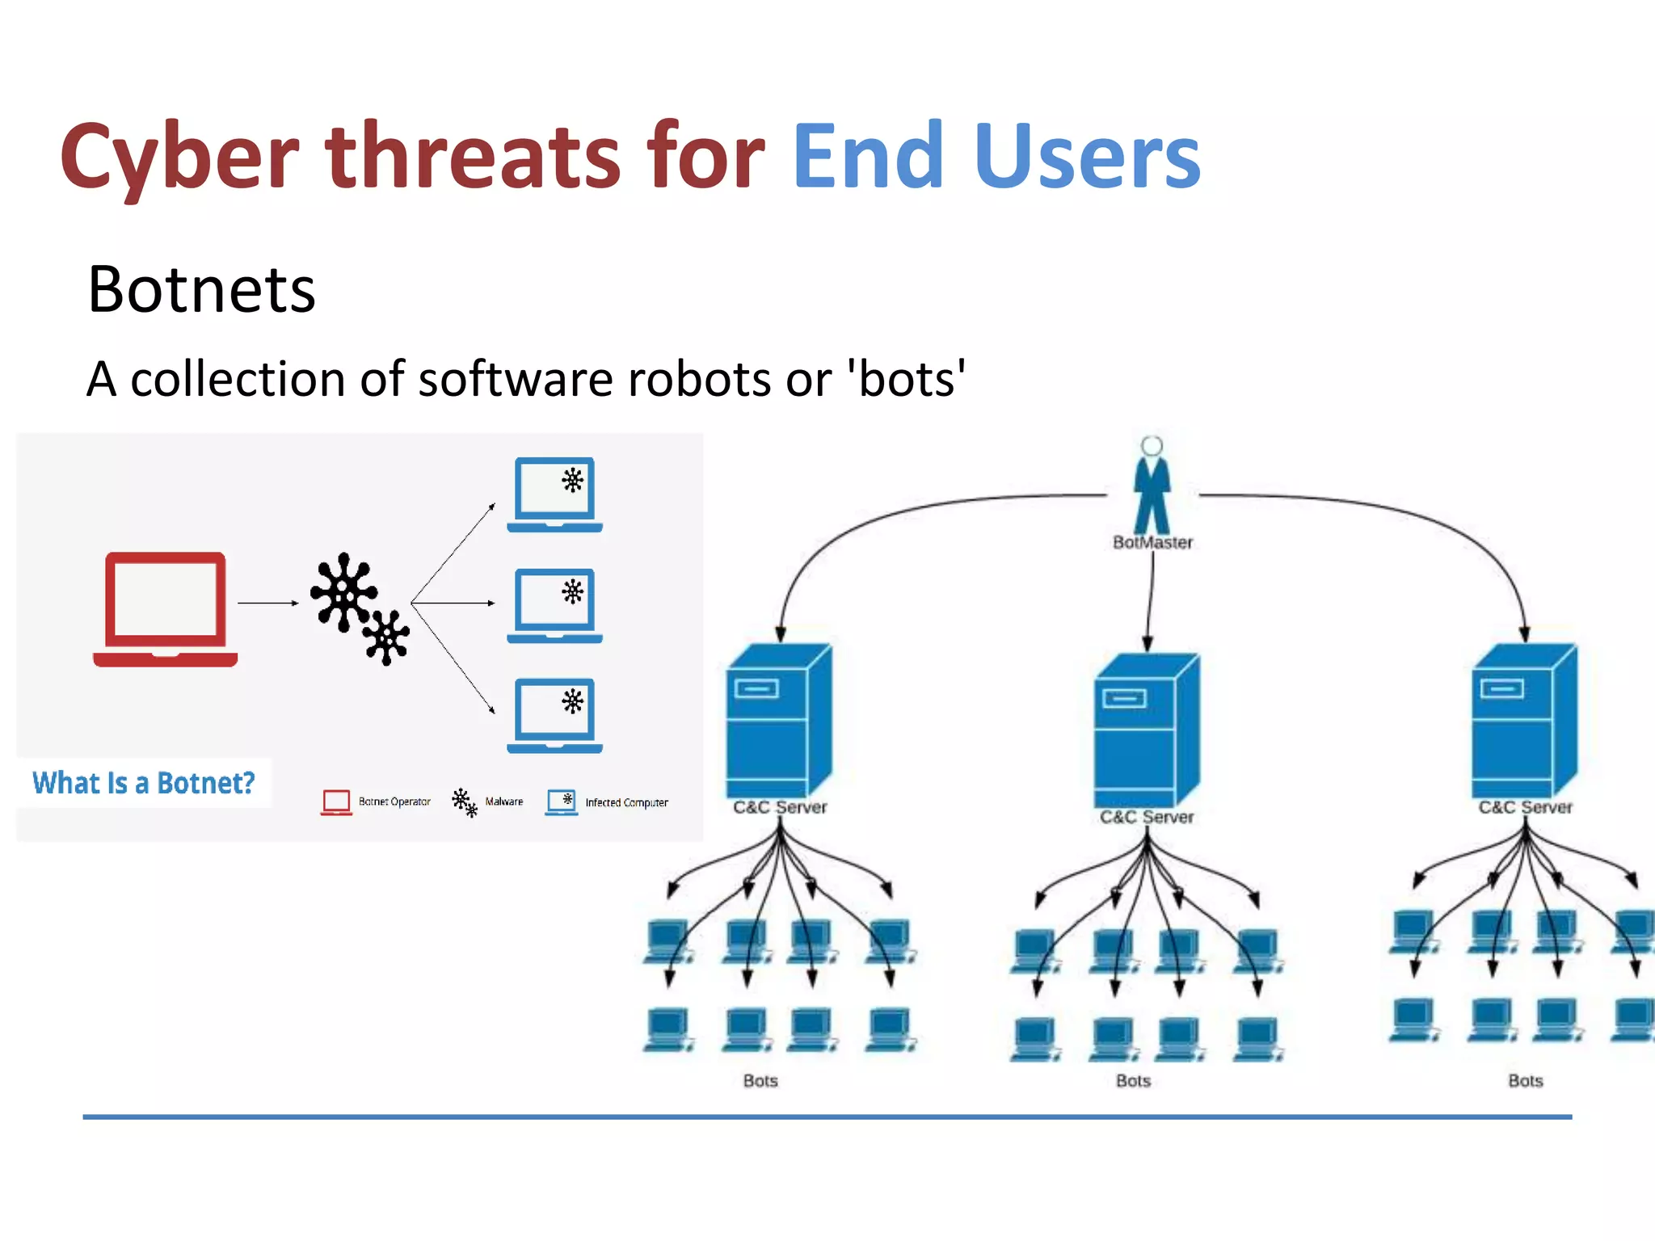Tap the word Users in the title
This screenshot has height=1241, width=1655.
click(1087, 157)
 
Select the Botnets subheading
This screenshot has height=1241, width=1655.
click(201, 289)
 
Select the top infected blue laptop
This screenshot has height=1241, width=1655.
click(555, 493)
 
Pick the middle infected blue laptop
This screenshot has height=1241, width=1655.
click(555, 604)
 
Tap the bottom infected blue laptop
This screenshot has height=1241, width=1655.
click(555, 714)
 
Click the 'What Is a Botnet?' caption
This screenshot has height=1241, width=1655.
click(144, 783)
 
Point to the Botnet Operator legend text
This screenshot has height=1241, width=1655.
click(394, 801)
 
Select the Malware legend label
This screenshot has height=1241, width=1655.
click(503, 801)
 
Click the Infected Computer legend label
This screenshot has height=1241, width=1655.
click(626, 802)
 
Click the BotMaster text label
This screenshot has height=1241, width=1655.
click(1152, 542)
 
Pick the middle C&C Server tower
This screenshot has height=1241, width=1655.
click(1146, 729)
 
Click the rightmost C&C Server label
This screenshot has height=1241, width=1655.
click(1525, 807)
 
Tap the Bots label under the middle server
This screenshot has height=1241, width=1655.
click(1133, 1081)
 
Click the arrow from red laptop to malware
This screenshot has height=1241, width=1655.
click(267, 603)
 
